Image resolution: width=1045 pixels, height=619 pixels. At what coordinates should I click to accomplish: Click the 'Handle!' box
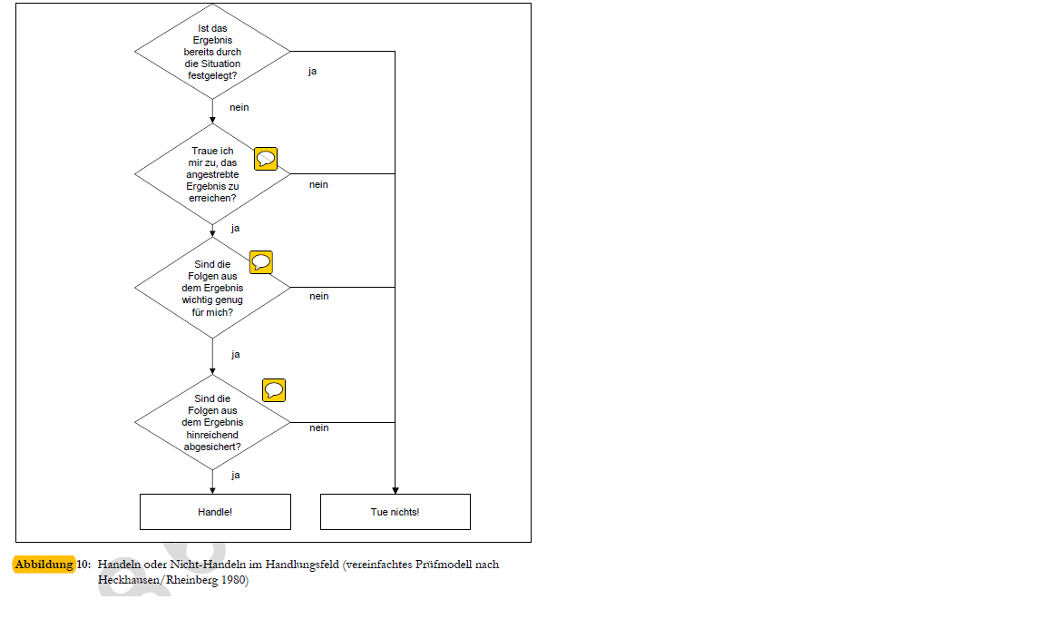[215, 512]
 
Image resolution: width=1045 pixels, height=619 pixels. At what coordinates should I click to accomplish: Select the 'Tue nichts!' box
[396, 512]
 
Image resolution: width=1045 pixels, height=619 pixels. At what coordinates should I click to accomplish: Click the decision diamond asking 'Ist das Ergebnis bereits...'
[212, 52]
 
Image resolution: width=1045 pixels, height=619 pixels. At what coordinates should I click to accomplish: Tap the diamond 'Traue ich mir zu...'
[212, 174]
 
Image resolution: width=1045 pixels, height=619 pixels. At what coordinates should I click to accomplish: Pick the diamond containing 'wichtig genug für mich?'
[212, 288]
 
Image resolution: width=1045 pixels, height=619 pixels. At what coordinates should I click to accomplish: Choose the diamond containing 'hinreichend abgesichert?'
[212, 422]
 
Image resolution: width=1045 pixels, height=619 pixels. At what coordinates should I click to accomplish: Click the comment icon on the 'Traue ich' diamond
[266, 159]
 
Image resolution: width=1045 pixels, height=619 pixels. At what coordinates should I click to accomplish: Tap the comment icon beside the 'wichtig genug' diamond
[261, 262]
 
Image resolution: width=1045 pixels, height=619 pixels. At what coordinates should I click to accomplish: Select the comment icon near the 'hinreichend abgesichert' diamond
[274, 390]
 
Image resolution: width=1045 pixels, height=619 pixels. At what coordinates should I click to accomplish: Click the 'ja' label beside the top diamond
[313, 72]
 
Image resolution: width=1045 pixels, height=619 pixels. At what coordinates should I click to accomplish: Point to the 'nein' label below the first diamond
[239, 107]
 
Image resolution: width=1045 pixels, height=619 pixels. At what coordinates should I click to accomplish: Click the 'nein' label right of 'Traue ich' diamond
[318, 185]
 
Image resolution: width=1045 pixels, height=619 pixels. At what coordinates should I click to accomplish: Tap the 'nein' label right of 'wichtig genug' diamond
[318, 296]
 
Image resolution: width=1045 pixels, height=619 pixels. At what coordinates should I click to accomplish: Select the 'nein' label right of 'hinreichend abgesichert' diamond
[318, 427]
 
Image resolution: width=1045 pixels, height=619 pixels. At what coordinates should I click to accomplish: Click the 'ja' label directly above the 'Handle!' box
[235, 475]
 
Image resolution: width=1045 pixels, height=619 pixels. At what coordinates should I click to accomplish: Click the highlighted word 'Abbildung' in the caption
[44, 565]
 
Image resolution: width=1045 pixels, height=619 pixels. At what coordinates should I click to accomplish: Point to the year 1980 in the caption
[233, 580]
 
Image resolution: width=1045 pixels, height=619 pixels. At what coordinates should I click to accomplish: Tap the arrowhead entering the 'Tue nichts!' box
[396, 490]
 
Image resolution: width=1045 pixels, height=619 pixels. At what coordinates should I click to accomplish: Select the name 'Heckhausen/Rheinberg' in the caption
[158, 580]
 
